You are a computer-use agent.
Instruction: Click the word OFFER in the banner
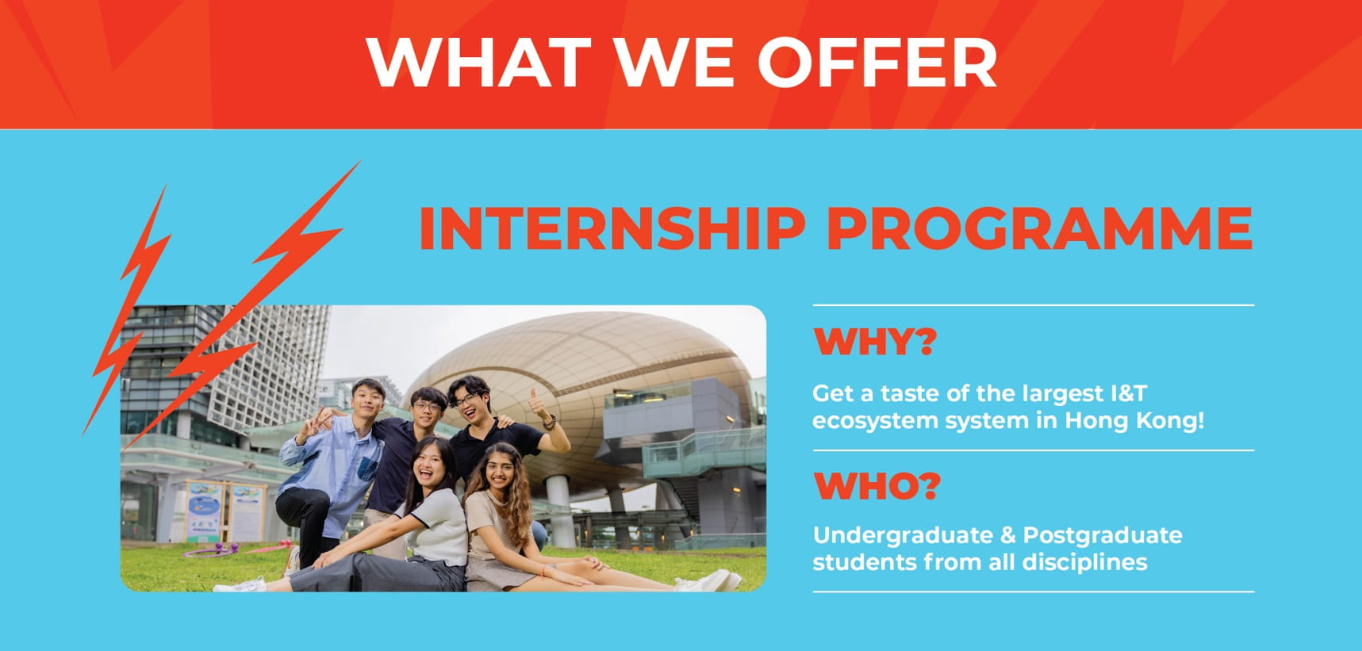877,62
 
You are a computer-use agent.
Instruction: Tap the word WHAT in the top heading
478,62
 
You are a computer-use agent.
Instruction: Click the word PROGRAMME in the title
1039,229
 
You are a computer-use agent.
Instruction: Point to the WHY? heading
875,342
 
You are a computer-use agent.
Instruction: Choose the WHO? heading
877,485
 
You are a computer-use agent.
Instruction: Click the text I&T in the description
1127,393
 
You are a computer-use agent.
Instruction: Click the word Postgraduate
1103,535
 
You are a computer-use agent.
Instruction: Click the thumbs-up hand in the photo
539,404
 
